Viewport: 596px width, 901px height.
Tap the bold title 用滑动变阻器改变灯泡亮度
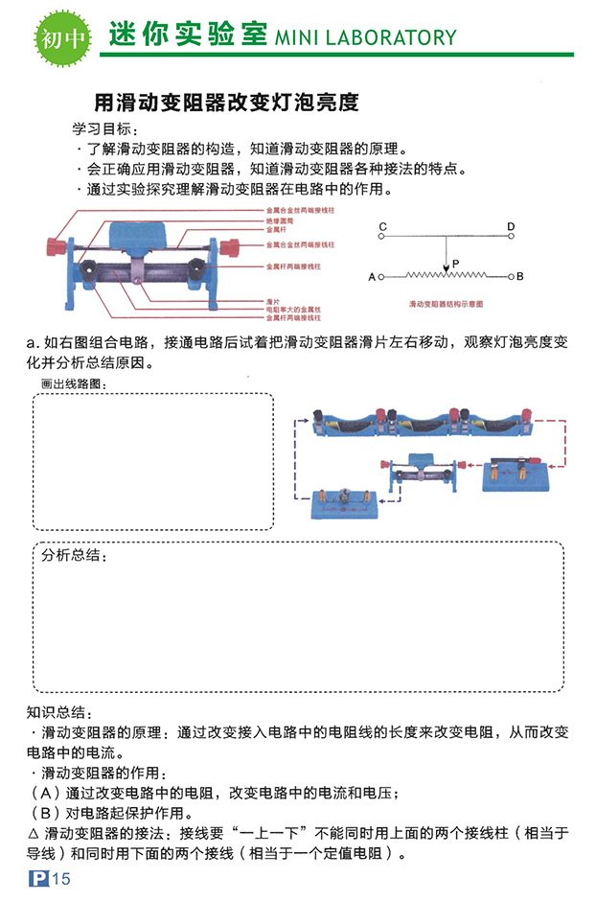(x=226, y=102)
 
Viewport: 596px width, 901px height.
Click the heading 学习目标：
(x=106, y=129)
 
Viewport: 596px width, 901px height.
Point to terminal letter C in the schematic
(x=381, y=227)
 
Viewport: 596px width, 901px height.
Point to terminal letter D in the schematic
(x=511, y=227)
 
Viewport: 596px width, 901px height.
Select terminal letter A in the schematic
(x=372, y=277)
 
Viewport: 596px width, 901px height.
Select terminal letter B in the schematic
(x=519, y=277)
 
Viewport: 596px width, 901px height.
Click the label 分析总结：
(x=74, y=555)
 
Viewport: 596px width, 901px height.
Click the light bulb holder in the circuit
(x=342, y=501)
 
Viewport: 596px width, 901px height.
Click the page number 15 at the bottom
(x=62, y=880)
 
